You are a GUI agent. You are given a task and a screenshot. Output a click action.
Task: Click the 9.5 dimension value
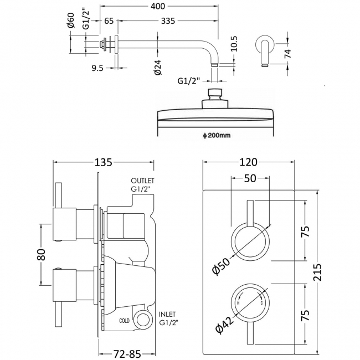tap(97, 68)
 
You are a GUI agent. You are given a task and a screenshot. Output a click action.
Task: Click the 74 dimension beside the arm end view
tap(300, 54)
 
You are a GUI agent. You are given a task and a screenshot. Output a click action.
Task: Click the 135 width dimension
tap(104, 162)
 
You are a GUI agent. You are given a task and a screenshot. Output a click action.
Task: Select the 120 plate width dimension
tap(248, 162)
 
